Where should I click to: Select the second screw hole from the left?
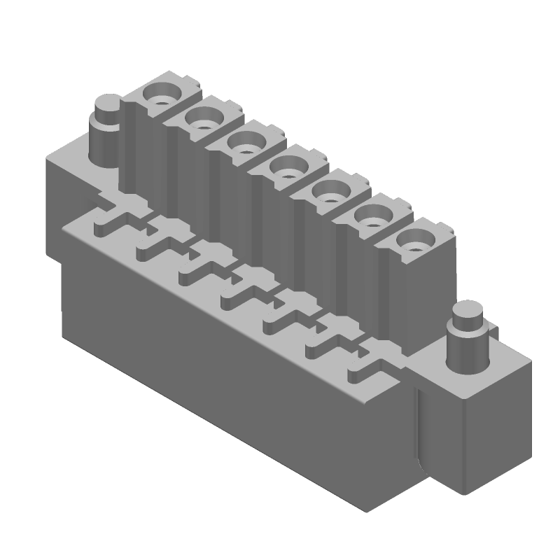click(x=203, y=122)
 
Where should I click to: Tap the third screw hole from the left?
click(x=245, y=146)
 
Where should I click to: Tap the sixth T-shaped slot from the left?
click(x=325, y=339)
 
